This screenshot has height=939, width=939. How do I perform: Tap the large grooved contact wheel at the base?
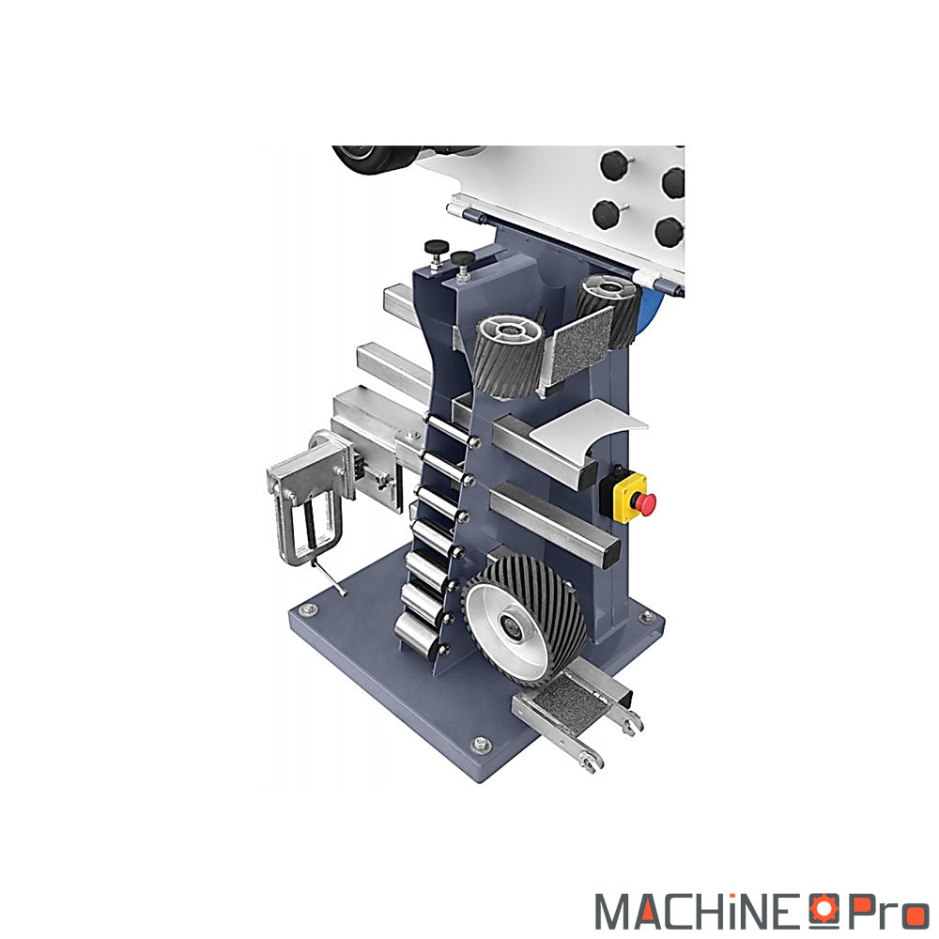(x=525, y=620)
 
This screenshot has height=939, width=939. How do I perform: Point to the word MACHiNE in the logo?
(x=700, y=912)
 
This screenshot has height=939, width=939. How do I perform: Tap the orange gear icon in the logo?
(x=824, y=908)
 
